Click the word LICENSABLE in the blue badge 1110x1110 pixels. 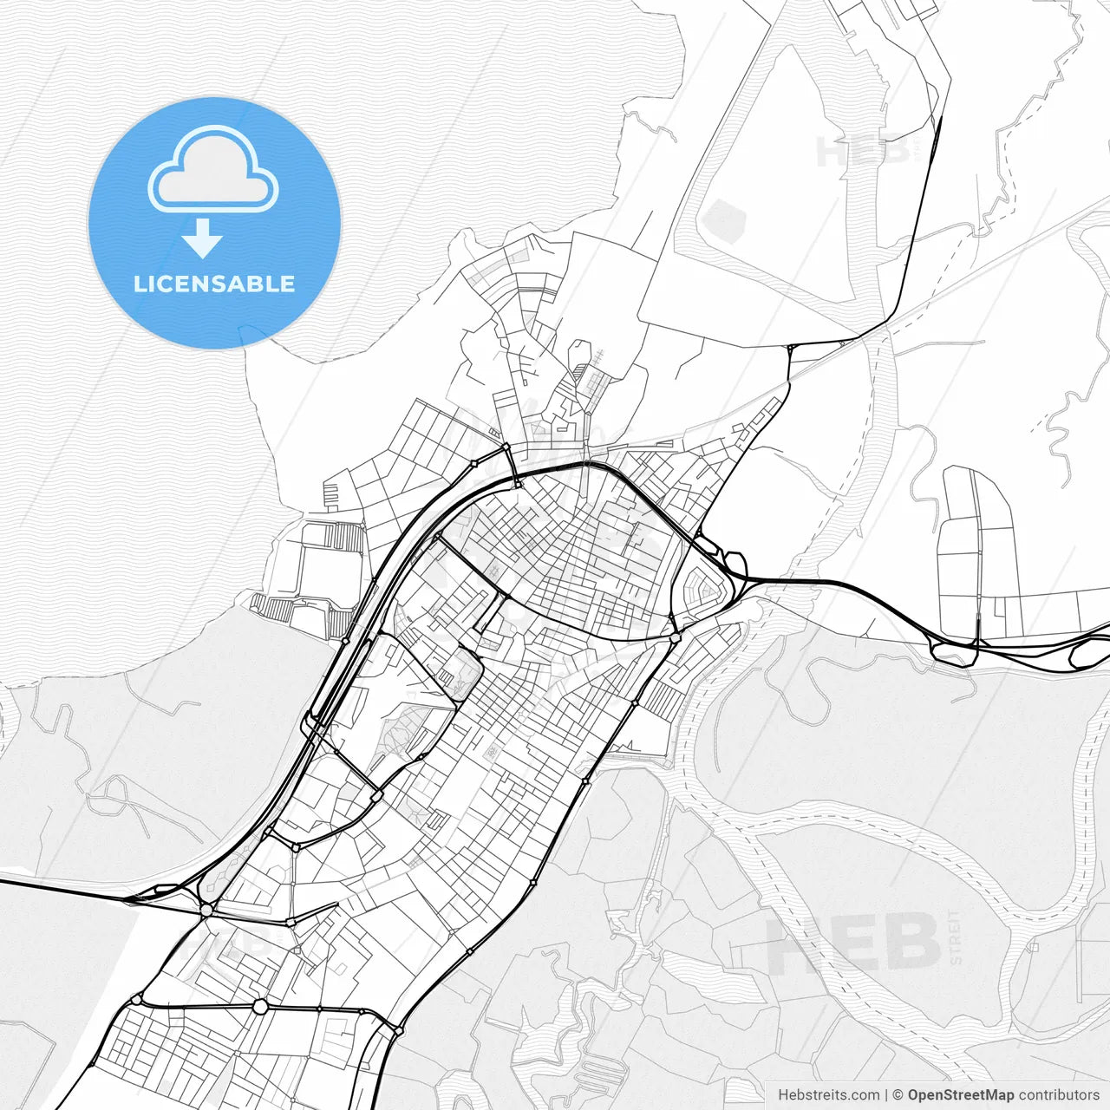pos(214,284)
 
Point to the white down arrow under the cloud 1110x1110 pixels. pos(203,238)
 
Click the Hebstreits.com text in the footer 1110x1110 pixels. pos(828,1095)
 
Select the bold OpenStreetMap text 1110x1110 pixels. pos(961,1095)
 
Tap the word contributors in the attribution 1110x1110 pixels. pos(1059,1095)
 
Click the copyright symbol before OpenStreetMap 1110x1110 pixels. pos(898,1095)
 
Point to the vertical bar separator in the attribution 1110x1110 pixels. pos(885,1095)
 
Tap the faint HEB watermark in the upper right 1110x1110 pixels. pos(854,152)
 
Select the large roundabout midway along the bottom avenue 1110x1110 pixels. pos(260,1006)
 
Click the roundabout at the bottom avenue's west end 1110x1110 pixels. pos(136,1000)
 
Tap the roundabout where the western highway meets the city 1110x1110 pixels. pos(206,910)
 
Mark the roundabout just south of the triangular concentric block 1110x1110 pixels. pos(675,638)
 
